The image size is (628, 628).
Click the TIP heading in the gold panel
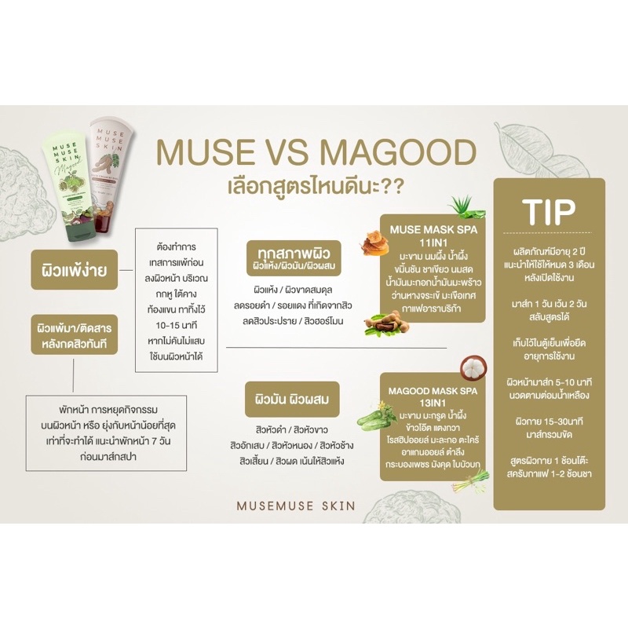click(x=549, y=209)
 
